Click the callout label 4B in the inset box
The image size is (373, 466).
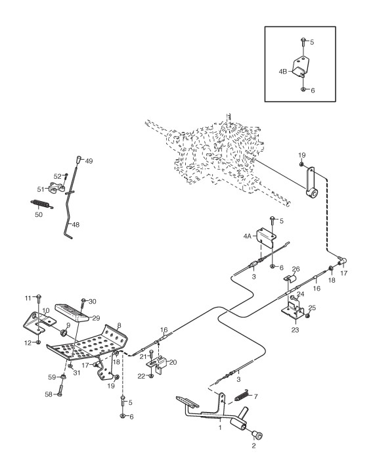(x=283, y=72)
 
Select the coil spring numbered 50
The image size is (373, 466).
(x=42, y=204)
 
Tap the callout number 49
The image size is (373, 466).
(x=89, y=161)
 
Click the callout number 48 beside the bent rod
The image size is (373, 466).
(x=76, y=225)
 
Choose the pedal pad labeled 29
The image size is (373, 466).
(x=73, y=312)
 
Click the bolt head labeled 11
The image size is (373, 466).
(x=39, y=297)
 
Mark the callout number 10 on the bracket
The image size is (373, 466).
(x=45, y=311)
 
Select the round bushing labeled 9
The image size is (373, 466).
(x=64, y=333)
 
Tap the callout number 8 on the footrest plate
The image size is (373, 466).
(x=119, y=325)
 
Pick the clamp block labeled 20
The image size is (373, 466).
(x=158, y=365)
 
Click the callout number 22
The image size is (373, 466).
(x=141, y=376)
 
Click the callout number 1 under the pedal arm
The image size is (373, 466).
(x=220, y=428)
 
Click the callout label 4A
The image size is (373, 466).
(x=248, y=236)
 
